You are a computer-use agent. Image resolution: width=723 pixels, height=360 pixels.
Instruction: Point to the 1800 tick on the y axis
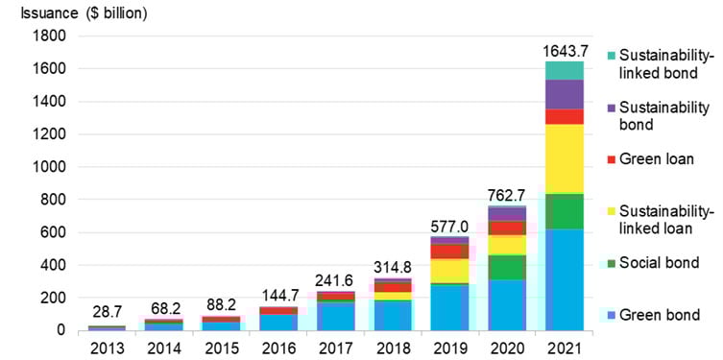(49, 36)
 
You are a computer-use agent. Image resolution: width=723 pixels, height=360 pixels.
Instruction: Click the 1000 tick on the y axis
(49, 167)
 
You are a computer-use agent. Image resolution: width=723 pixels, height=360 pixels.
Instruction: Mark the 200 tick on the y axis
(53, 298)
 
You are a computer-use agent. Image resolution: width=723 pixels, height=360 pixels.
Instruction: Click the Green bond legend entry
(659, 314)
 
